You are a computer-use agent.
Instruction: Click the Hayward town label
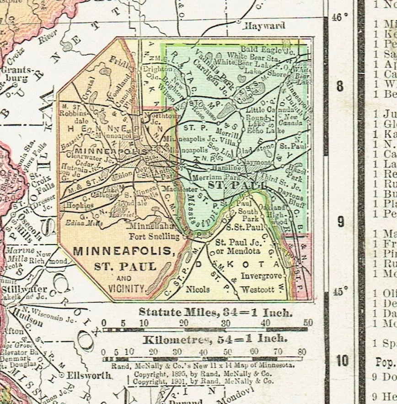(x=265, y=26)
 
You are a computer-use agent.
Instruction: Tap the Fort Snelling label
(x=154, y=237)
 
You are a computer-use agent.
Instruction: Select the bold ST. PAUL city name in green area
(x=237, y=185)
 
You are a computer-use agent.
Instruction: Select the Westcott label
(x=258, y=289)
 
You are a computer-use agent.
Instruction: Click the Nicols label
(x=198, y=289)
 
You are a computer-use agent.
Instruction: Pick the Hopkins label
(x=76, y=206)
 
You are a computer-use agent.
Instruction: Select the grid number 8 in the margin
(x=340, y=87)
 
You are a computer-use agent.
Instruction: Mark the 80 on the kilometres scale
(x=302, y=352)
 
